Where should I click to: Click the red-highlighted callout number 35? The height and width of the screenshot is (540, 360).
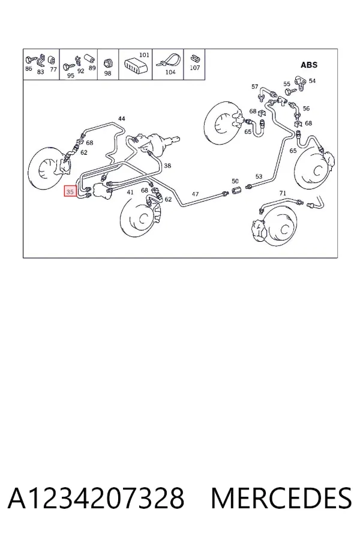coord(70,191)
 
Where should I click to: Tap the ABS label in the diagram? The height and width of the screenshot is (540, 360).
coord(309,65)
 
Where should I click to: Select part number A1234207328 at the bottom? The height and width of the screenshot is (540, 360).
coord(96,498)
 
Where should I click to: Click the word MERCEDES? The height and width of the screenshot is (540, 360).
coord(281,498)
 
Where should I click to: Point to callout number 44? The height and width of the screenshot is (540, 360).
coord(122,118)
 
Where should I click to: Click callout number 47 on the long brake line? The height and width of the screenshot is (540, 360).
coord(195,194)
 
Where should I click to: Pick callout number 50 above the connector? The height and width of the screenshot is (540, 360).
coord(235,181)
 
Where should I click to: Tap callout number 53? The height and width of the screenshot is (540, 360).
coord(259,176)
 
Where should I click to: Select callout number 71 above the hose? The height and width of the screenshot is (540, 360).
coord(283,193)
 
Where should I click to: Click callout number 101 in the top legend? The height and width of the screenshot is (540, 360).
coord(145,55)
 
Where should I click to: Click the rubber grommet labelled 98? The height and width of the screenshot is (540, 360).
coord(108,63)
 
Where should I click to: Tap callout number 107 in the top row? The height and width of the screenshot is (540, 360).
coord(195,67)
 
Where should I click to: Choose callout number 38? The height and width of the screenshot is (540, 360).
coord(167,166)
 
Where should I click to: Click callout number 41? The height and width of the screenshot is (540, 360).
coord(130,192)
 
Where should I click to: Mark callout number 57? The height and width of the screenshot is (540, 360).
coord(254,86)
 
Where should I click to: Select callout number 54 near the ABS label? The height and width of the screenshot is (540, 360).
coord(312,80)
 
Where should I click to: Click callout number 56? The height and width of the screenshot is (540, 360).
coord(306,108)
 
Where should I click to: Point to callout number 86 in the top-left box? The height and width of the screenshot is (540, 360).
coord(29,68)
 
